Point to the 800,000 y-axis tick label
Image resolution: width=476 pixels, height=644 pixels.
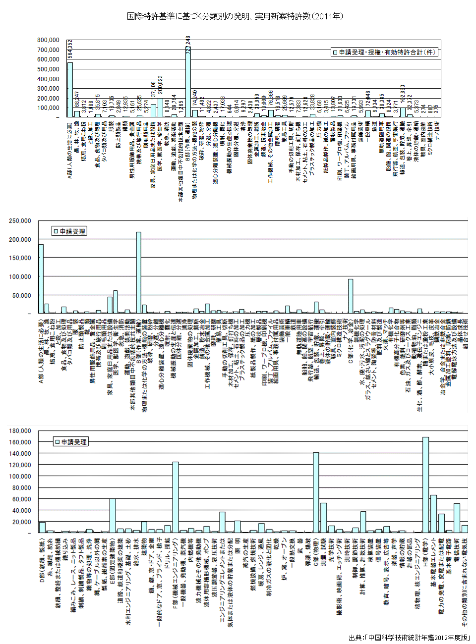48,40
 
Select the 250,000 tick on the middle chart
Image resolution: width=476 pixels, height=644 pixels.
20,221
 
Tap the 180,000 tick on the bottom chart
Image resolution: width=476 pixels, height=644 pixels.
20,431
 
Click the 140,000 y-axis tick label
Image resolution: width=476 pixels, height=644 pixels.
20,454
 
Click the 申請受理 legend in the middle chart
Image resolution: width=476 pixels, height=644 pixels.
69,231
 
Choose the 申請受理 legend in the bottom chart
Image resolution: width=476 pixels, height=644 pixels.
70,442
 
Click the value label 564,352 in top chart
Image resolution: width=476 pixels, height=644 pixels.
70,50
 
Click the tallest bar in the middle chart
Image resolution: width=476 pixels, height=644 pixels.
138,272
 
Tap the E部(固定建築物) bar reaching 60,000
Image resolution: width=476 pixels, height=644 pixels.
113,516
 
